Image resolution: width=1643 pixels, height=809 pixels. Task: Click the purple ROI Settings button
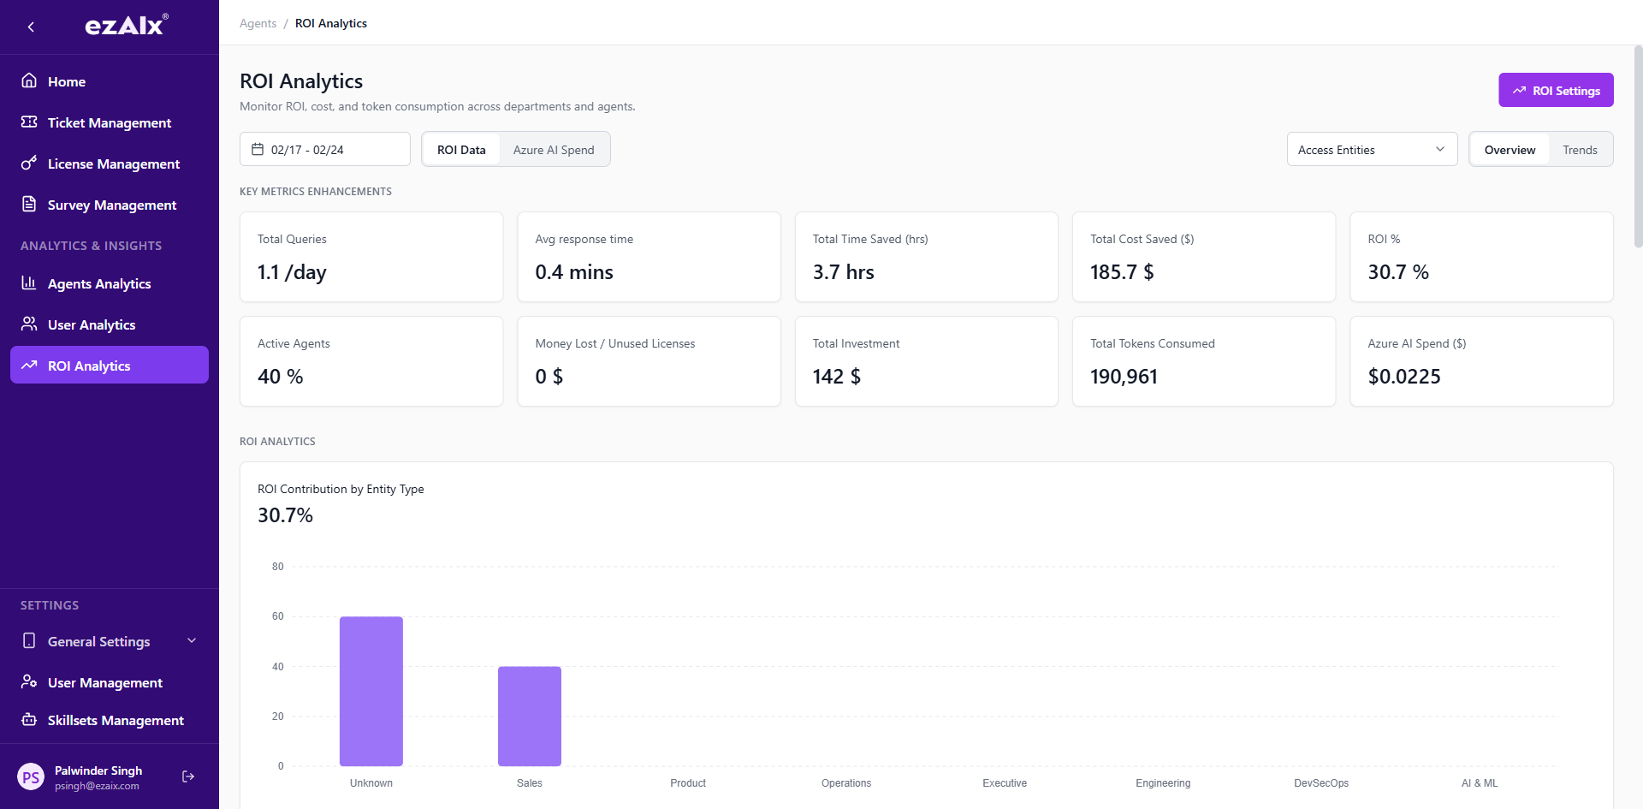(1556, 90)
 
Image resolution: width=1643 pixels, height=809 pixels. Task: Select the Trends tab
(1579, 150)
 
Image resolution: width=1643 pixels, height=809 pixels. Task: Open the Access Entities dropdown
(1371, 150)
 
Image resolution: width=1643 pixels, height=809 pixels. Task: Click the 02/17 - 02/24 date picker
(324, 150)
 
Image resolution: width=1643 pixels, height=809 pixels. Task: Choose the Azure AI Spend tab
(553, 150)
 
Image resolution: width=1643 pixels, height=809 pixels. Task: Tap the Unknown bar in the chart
(371, 691)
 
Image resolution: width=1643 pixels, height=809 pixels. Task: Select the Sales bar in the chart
(529, 716)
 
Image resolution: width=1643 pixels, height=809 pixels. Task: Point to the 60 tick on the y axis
(277, 616)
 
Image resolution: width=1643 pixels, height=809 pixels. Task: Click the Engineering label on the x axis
(1162, 783)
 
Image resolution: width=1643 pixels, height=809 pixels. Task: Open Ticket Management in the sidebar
(109, 122)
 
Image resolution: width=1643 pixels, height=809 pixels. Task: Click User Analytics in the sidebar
(91, 324)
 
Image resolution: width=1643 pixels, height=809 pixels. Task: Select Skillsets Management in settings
(115, 720)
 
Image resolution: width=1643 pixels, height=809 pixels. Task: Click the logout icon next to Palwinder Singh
(188, 776)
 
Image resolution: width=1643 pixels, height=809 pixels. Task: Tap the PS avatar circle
(31, 777)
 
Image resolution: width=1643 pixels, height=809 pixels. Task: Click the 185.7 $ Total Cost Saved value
(1121, 272)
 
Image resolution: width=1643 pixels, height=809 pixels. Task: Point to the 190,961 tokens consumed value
(1123, 377)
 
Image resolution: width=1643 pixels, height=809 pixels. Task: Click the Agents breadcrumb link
(258, 23)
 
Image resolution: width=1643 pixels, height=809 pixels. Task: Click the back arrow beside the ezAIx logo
(31, 27)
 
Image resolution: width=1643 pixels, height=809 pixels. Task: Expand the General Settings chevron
(192, 640)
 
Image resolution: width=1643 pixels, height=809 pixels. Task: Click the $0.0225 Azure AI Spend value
(1403, 377)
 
